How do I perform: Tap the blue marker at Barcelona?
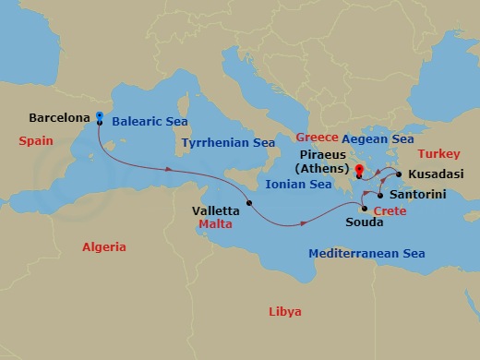point(99,116)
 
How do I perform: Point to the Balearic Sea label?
point(148,121)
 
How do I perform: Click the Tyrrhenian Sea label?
point(228,143)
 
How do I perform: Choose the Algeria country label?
point(103,247)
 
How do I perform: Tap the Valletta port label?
point(215,210)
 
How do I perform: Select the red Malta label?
point(216,222)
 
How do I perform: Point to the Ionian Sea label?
point(297,185)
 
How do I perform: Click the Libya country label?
point(283,311)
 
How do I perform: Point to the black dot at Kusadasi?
point(398,174)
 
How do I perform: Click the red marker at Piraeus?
point(358,168)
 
